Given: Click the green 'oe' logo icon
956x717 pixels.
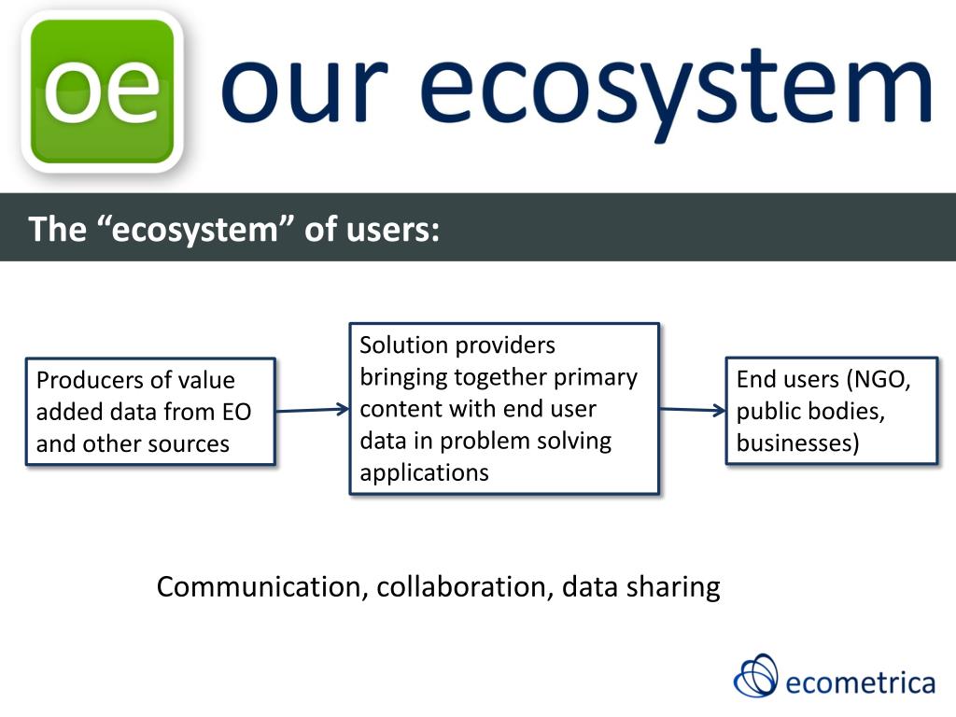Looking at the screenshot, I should tap(102, 91).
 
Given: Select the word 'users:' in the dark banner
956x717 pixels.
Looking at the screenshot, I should tap(392, 229).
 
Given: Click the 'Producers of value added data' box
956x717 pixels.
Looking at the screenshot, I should tap(150, 412).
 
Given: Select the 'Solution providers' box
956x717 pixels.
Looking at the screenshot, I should tap(504, 408).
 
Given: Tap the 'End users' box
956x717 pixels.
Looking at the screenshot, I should tap(831, 411).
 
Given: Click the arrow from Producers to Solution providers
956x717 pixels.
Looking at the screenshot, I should tap(312, 410).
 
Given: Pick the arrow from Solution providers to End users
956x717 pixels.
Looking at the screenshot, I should tap(692, 410).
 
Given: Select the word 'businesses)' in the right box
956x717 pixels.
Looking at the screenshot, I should tap(797, 443).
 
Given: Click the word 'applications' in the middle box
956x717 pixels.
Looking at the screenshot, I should tap(424, 472).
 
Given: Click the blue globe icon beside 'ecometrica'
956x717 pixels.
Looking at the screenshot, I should tap(755, 675).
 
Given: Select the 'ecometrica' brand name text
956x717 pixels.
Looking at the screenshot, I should tap(860, 682).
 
